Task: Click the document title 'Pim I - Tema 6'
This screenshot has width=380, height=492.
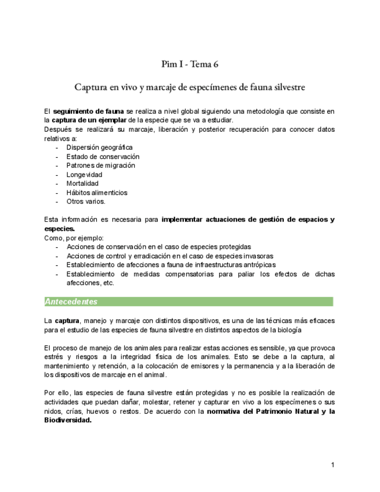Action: (190, 64)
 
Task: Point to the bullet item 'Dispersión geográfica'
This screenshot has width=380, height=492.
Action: (99, 147)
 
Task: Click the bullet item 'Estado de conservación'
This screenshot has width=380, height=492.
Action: (103, 157)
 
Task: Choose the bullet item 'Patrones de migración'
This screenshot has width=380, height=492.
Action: (100, 165)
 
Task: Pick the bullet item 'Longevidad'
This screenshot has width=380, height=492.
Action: (84, 175)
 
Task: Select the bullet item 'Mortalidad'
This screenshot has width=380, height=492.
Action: (82, 183)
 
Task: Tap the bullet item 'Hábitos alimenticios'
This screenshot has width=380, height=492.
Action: (97, 193)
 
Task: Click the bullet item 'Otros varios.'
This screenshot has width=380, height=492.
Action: (86, 201)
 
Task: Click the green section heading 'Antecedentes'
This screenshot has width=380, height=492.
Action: (71, 302)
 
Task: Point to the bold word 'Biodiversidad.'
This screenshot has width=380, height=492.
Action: (68, 421)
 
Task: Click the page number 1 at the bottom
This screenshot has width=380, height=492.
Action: (332, 465)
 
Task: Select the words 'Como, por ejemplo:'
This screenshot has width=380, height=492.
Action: (74, 238)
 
